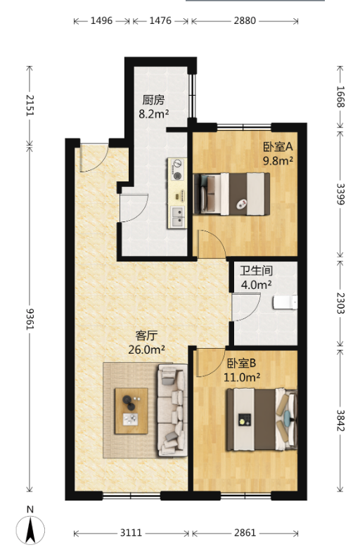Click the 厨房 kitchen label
click(x=153, y=100)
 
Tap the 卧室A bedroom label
click(x=278, y=146)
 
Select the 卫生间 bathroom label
click(x=256, y=271)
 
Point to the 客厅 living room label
click(x=146, y=335)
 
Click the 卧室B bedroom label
click(x=241, y=363)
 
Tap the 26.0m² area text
click(x=146, y=349)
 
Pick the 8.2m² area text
click(x=153, y=114)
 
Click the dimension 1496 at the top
click(x=101, y=21)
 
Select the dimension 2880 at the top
click(x=245, y=21)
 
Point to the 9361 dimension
click(x=30, y=318)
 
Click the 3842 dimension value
click(x=340, y=420)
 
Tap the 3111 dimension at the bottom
click(x=131, y=533)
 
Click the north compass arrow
click(x=30, y=529)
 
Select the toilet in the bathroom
click(x=285, y=302)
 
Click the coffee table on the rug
click(x=131, y=411)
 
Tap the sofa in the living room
click(x=172, y=410)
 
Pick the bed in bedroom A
click(x=232, y=194)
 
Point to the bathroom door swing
click(x=246, y=307)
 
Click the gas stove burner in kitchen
click(x=177, y=169)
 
